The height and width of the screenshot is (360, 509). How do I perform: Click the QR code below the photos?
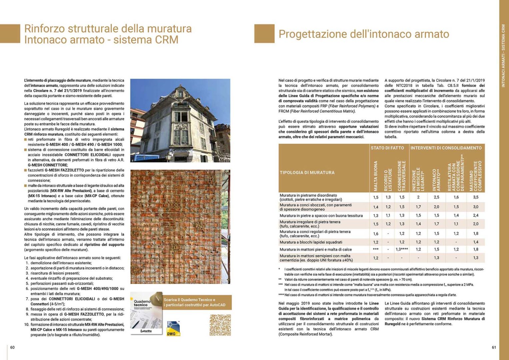click(x=220, y=325)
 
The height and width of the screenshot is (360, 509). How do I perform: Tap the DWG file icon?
click(x=173, y=329)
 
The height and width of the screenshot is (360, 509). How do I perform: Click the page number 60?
click(x=12, y=347)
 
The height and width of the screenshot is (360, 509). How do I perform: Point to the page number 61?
click(x=494, y=347)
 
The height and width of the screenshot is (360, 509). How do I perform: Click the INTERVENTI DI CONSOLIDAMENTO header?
click(x=446, y=148)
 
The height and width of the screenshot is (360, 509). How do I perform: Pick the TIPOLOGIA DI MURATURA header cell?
click(x=307, y=173)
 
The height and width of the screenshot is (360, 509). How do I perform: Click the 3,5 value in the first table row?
click(x=476, y=197)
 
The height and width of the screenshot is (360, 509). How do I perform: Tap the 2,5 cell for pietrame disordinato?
click(x=436, y=197)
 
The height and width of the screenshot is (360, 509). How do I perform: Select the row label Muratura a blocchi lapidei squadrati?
click(x=311, y=242)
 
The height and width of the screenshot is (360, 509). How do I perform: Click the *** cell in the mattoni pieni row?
click(x=376, y=249)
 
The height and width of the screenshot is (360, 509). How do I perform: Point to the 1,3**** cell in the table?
click(x=402, y=249)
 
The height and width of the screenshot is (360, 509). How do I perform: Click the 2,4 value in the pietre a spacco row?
click(x=476, y=216)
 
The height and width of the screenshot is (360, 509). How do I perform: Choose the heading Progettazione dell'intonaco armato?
click(x=364, y=34)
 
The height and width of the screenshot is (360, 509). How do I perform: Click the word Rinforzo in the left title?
click(x=45, y=29)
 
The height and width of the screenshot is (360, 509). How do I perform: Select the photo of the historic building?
click(x=180, y=120)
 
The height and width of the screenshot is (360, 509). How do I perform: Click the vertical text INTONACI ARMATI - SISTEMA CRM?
click(x=503, y=56)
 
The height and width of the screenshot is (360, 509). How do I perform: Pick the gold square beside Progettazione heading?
click(x=264, y=34)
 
